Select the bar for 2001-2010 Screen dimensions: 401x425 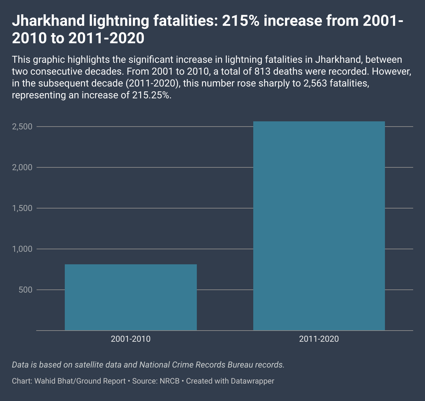point(131,297)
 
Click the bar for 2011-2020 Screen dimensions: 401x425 point(319,226)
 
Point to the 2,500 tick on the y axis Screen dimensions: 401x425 point(22,127)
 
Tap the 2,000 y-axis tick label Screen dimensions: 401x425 point(22,168)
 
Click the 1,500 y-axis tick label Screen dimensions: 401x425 point(22,209)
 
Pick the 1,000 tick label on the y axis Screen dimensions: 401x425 point(22,249)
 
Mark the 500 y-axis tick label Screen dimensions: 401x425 point(26,290)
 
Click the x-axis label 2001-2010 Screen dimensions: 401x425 point(131,339)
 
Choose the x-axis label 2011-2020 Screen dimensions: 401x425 point(319,339)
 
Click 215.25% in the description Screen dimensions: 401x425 point(152,96)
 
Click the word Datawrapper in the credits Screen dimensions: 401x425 point(253,381)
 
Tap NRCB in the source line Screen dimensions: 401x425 point(169,381)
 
